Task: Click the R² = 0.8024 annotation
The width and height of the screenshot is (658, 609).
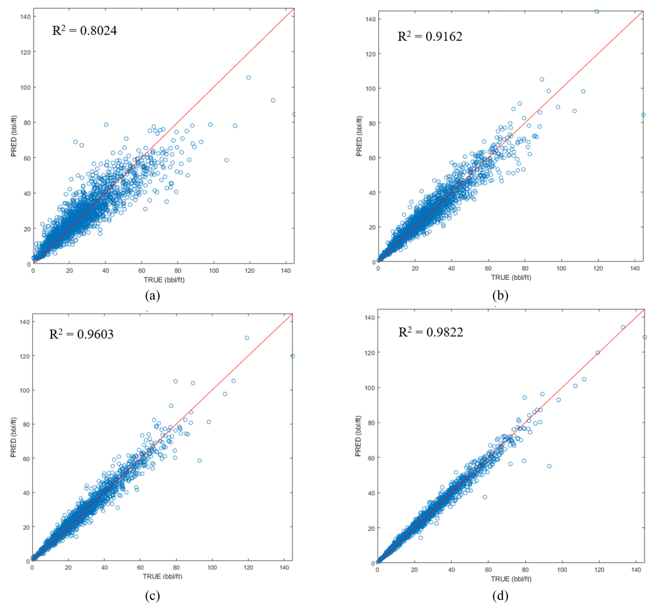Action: point(84,30)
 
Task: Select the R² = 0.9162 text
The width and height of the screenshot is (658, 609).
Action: point(430,37)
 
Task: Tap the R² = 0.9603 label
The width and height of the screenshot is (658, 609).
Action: point(81,334)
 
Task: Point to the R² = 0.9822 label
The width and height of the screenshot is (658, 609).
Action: point(430,332)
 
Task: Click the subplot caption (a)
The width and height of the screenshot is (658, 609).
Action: point(152,296)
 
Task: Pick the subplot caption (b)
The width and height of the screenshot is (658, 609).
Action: point(500,296)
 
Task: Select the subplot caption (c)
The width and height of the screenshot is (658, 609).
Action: point(152,596)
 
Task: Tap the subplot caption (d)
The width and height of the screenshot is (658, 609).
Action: point(500,596)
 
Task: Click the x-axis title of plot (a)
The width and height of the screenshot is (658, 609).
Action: point(164,280)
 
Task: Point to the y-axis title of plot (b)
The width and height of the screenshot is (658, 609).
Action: point(359,136)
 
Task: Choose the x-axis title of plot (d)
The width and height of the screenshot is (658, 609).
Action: point(511,579)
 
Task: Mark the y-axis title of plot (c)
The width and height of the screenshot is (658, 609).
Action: point(13,437)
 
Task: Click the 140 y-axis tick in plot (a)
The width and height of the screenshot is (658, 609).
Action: point(26,17)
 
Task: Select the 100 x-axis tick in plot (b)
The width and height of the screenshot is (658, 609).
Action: point(561,268)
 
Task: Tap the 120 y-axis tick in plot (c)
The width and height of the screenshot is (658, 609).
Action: point(25,356)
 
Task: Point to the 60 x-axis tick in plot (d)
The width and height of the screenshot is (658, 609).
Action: point(488,570)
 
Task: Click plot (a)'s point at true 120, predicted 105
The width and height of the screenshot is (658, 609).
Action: point(248,77)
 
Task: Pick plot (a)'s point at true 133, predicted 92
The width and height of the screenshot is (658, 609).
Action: point(273,100)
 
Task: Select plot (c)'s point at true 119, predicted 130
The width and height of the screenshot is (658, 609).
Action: point(247,338)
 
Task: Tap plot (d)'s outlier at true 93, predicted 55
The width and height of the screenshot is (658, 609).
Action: point(549,466)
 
